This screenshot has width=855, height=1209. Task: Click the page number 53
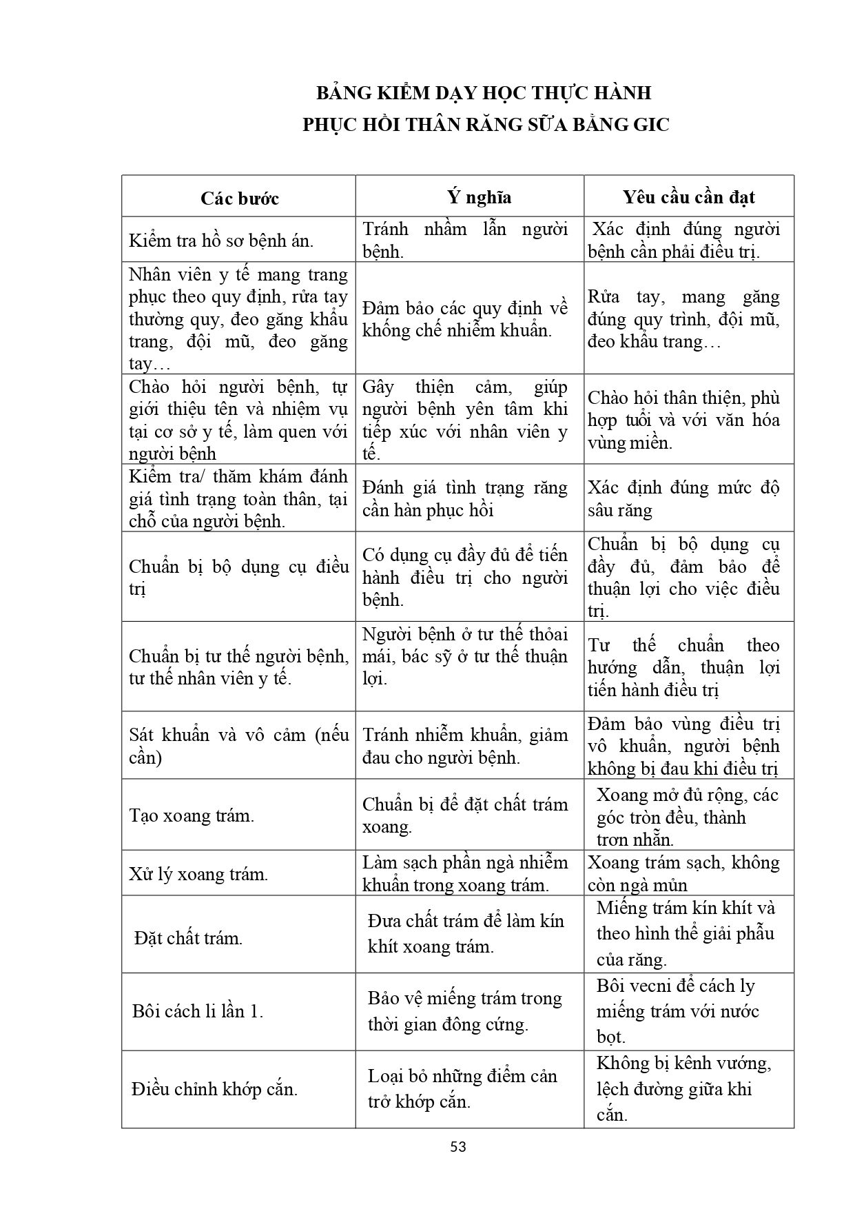(x=458, y=1147)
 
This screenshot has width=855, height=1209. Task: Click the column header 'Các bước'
(x=239, y=199)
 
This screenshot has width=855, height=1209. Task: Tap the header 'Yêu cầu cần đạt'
(x=688, y=197)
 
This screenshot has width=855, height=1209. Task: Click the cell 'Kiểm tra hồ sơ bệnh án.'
(x=221, y=241)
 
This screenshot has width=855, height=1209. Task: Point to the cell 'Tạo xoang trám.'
(x=192, y=816)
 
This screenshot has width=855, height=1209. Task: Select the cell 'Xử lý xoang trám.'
(x=198, y=875)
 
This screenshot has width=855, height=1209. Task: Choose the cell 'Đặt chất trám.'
(x=188, y=938)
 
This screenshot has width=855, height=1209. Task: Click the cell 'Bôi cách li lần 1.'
(x=198, y=1011)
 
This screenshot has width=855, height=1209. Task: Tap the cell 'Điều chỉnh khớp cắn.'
(x=214, y=1089)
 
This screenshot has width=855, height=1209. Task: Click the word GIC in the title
(x=647, y=125)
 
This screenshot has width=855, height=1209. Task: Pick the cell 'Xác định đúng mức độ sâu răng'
(x=683, y=499)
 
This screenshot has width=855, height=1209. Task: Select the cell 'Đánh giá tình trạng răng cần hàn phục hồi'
(x=465, y=499)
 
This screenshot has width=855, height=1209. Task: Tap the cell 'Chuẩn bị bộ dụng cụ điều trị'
(x=238, y=578)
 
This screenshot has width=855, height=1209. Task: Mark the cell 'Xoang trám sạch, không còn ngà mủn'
(x=683, y=874)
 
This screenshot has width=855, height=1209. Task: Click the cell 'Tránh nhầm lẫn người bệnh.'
(x=465, y=240)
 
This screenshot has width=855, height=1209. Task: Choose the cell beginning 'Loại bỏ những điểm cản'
(x=462, y=1088)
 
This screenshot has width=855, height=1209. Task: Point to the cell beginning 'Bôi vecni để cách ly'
(x=677, y=1011)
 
